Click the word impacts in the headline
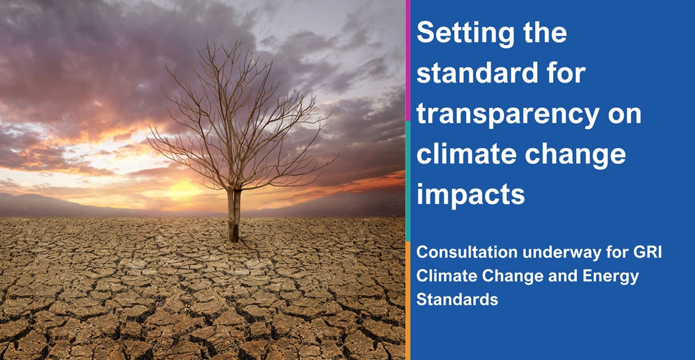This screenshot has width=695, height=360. (x=471, y=195)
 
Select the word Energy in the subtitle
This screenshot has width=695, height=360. (x=611, y=277)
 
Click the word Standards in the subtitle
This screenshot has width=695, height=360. (x=457, y=300)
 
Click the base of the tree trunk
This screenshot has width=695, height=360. (x=234, y=237)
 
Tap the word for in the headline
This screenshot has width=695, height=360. (x=564, y=73)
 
